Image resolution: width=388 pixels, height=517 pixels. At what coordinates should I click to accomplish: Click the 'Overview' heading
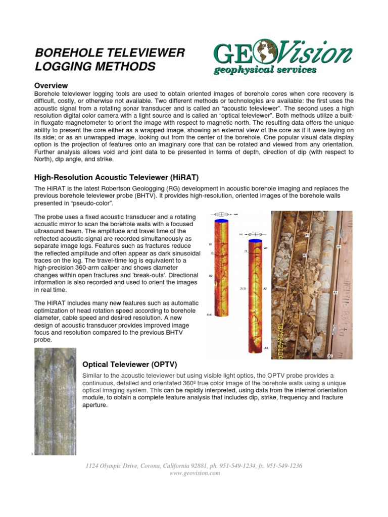(x=51, y=85)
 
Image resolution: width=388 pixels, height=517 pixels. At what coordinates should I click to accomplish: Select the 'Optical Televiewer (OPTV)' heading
(x=129, y=365)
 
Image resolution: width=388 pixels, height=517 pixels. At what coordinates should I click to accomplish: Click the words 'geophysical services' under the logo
(x=265, y=70)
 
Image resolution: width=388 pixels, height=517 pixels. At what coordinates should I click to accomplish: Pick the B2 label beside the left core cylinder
(x=211, y=276)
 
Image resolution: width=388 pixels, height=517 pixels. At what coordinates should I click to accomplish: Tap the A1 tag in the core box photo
(x=338, y=247)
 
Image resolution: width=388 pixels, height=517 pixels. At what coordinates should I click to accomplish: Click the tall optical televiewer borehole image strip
(x=55, y=401)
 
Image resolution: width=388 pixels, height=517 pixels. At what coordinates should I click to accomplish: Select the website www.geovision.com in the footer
(x=194, y=473)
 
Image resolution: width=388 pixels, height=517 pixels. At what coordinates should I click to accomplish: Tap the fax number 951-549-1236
(x=284, y=466)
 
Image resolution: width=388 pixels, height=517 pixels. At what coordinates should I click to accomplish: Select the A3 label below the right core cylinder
(x=265, y=348)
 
